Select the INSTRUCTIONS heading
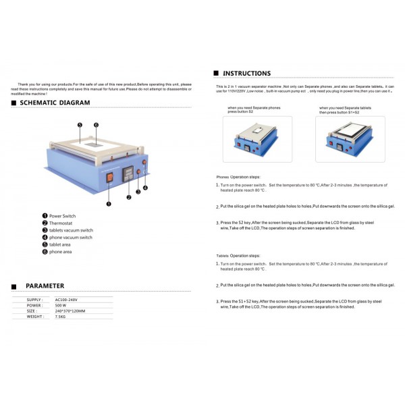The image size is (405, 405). tap(246, 73)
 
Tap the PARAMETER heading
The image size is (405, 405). tap(45, 286)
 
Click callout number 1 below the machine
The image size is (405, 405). tap(109, 202)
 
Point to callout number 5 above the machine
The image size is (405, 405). tap(80, 126)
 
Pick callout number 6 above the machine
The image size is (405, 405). tap(97, 126)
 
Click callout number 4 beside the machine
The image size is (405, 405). tap(145, 187)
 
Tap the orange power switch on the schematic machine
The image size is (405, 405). tap(111, 177)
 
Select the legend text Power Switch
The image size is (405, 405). tap(62, 216)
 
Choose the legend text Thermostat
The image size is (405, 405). tap(61, 223)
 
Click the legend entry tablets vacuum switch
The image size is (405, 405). tap(71, 230)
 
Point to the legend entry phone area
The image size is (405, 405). tap(60, 252)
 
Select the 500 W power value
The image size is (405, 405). tap(61, 305)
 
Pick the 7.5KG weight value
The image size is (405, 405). tap(60, 316)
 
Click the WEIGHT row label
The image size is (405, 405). tap(35, 316)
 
